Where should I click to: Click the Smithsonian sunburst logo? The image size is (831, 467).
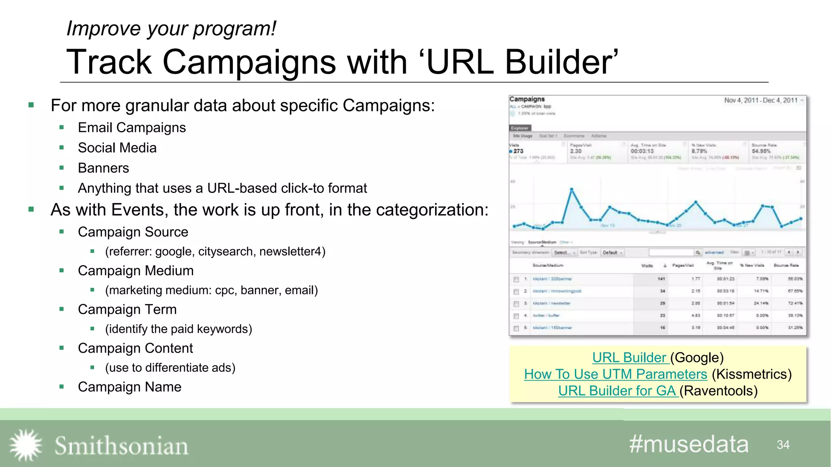pos(26,445)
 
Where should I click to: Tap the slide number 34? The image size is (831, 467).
pos(783,445)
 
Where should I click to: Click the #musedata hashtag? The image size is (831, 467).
pos(689,444)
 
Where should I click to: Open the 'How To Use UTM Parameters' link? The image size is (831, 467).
pos(615,374)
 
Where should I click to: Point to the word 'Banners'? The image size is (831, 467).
pos(103,168)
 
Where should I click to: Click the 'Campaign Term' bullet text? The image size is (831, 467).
pos(127,309)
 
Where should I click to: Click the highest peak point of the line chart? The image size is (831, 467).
pos(572,189)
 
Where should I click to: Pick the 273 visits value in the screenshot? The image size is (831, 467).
pos(518,151)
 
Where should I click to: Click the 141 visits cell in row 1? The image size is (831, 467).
pos(661,279)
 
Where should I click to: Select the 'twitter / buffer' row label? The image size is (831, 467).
pos(546,315)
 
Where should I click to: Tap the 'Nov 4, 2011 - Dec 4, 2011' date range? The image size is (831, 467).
pos(761,101)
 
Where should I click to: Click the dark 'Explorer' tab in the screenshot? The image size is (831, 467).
pos(520,128)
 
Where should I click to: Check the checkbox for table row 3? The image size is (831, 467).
pos(516,304)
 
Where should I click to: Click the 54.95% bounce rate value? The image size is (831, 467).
pos(761,151)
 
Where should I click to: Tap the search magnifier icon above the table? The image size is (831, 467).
pos(698,253)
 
